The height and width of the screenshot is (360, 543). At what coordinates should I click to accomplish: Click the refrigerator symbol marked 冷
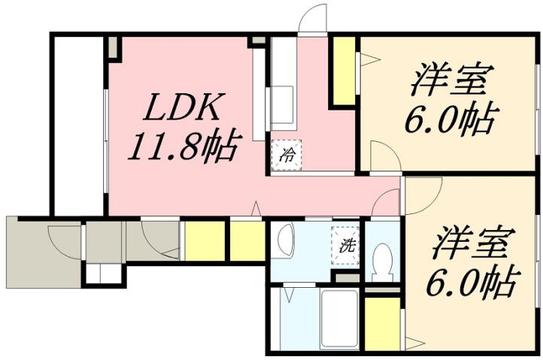coord(287,156)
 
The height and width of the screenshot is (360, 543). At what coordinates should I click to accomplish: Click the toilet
coord(384,259)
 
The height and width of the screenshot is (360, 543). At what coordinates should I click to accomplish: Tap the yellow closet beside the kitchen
coord(344,71)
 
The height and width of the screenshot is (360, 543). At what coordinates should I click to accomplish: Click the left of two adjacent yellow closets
coord(204,241)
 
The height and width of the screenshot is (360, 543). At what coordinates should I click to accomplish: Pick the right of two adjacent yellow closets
coord(246,241)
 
